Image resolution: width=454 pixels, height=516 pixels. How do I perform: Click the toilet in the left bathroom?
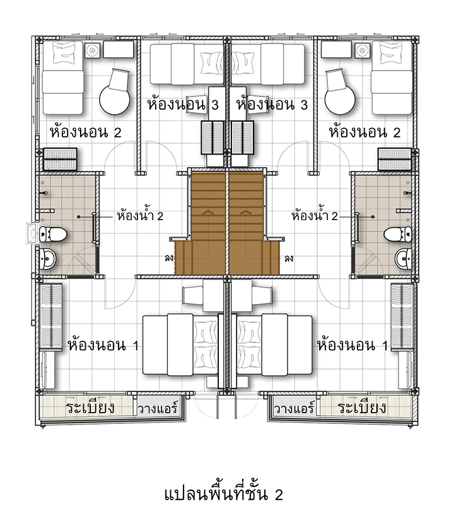click(x=53, y=234)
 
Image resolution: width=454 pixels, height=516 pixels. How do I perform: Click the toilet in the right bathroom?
click(x=397, y=234)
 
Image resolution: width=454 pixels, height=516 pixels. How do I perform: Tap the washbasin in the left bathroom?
click(x=48, y=259)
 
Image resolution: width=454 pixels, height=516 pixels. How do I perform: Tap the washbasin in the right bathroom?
click(x=403, y=259)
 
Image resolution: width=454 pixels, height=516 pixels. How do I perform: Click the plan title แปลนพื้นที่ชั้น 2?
click(x=223, y=495)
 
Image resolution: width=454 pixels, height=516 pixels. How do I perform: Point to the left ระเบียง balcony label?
click(x=90, y=408)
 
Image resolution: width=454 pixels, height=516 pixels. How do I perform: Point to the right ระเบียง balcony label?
click(x=361, y=408)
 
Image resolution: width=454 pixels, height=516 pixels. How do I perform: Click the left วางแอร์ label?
click(x=158, y=408)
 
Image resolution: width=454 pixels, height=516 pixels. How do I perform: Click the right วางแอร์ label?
click(x=294, y=408)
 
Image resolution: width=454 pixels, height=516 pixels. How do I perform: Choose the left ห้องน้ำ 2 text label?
click(x=140, y=216)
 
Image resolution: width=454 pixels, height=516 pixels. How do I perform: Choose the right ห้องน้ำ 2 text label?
click(x=315, y=216)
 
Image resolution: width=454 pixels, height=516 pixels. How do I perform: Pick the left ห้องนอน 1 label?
click(x=103, y=345)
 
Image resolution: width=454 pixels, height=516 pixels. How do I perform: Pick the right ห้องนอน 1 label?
click(x=352, y=345)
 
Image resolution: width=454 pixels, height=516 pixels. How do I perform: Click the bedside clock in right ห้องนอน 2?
click(x=362, y=50)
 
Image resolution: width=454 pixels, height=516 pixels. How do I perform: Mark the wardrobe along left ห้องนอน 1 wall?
click(x=50, y=317)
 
